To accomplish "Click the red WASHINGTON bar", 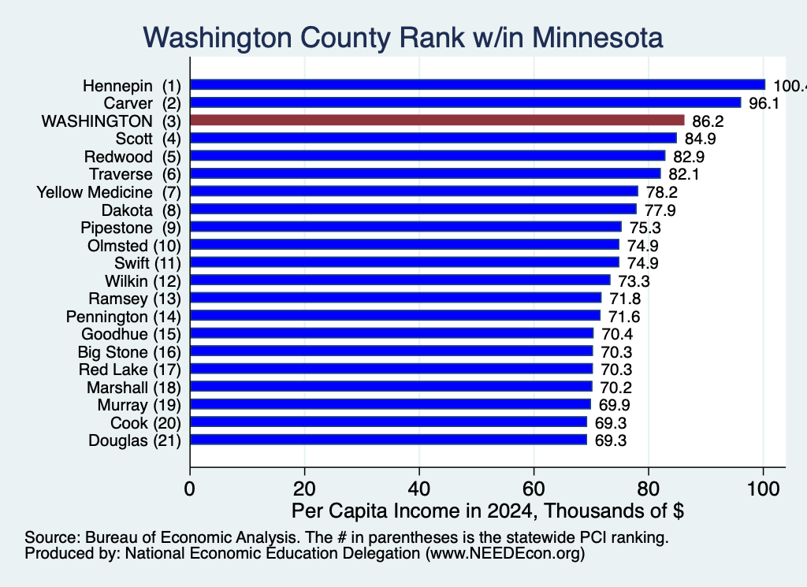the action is tap(437, 121).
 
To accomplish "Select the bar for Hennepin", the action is tap(478, 85).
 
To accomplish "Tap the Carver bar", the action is tap(465, 103).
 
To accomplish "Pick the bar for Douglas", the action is tap(389, 440).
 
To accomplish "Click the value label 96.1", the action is tap(764, 103).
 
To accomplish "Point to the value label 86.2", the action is tap(708, 121).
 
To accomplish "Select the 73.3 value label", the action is tap(634, 281).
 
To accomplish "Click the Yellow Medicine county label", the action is tap(95, 192).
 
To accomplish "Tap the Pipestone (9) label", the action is tap(131, 228).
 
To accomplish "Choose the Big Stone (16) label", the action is tap(129, 352).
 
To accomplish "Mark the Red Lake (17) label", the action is tap(130, 370).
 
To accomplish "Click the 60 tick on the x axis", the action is tap(534, 489).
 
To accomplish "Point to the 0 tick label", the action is tap(189, 489).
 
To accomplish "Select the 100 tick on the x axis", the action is tap(763, 489).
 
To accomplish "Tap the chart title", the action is tap(403, 38).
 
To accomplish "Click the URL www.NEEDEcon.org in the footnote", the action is tap(505, 554).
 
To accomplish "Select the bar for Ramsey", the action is tap(396, 298).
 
